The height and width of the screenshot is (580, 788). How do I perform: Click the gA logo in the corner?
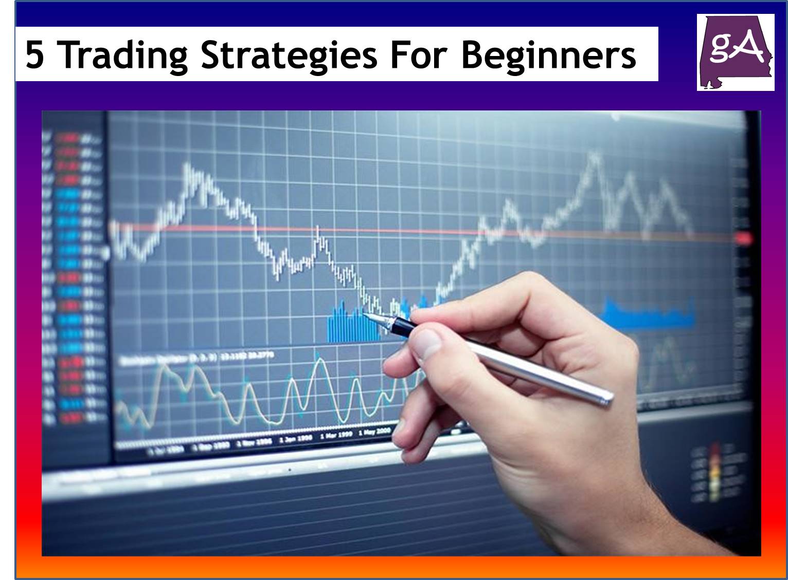pos(735,52)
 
